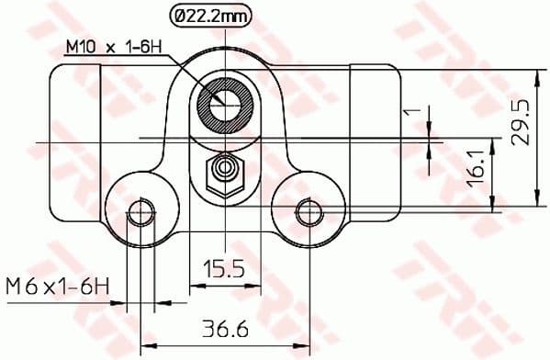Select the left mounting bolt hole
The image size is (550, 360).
coord(140,212)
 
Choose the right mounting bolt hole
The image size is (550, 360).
coord(307,212)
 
